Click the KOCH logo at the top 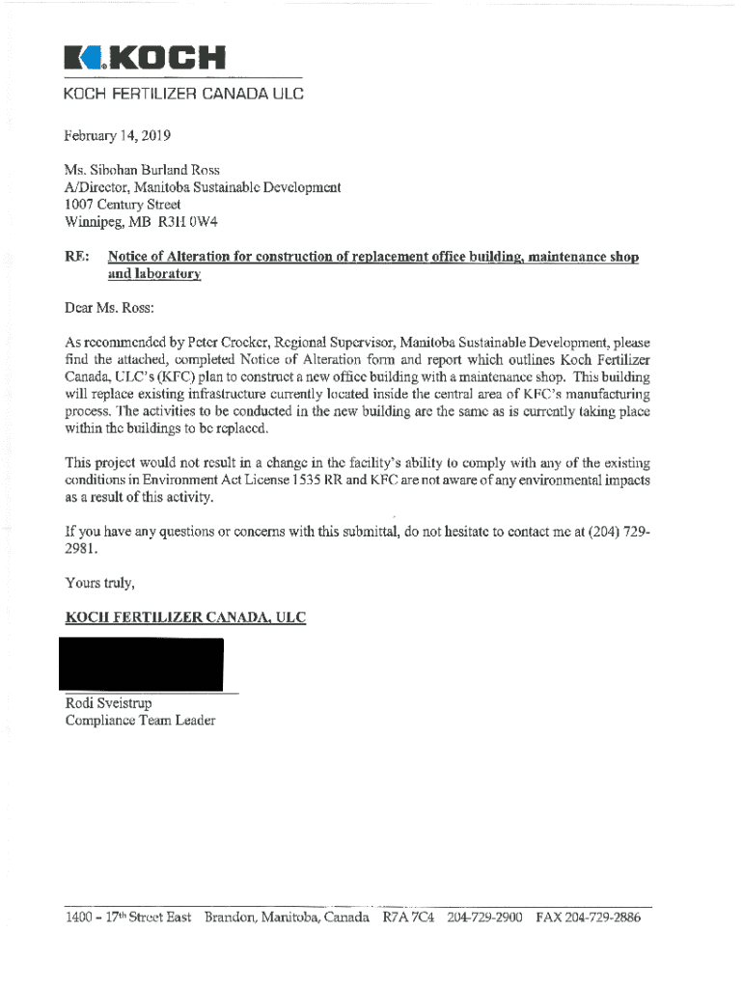coord(144,59)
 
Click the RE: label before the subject coord(77,258)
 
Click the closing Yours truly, coord(99,582)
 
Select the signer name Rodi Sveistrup coord(108,702)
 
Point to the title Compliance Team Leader coord(140,720)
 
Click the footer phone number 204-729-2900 coord(484,918)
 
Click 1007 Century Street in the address coord(123,205)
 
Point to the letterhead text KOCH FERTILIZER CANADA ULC coord(183,95)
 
